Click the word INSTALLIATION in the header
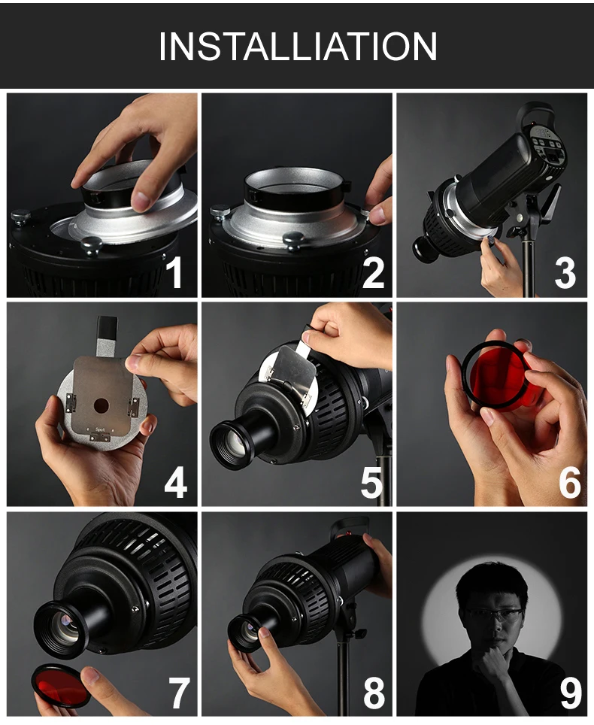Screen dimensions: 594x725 tap(298, 46)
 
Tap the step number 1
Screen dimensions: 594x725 tap(174, 272)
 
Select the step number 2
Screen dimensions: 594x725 tap(374, 272)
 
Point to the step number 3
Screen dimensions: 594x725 tap(565, 272)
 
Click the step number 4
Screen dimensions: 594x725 tap(176, 482)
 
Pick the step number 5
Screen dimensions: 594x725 tap(371, 482)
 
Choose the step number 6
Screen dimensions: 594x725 tap(569, 482)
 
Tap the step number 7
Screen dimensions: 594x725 tap(178, 692)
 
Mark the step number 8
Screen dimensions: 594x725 tap(374, 692)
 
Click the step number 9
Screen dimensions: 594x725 tap(571, 692)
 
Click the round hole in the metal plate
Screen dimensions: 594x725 tap(102, 406)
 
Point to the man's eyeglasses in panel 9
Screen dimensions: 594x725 tap(494, 616)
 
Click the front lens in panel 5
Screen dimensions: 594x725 tap(235, 444)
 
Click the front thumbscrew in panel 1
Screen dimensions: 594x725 tap(91, 245)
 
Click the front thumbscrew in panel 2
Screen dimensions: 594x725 tap(293, 241)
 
